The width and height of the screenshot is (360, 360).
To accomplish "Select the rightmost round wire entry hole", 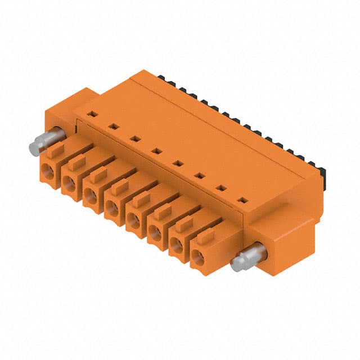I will [197, 259].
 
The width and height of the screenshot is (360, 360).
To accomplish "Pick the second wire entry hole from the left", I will [70, 183].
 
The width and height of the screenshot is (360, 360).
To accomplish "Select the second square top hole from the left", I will [112, 126].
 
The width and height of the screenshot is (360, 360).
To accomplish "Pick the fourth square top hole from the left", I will [155, 150].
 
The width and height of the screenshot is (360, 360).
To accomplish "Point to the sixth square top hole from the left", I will [199, 175].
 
